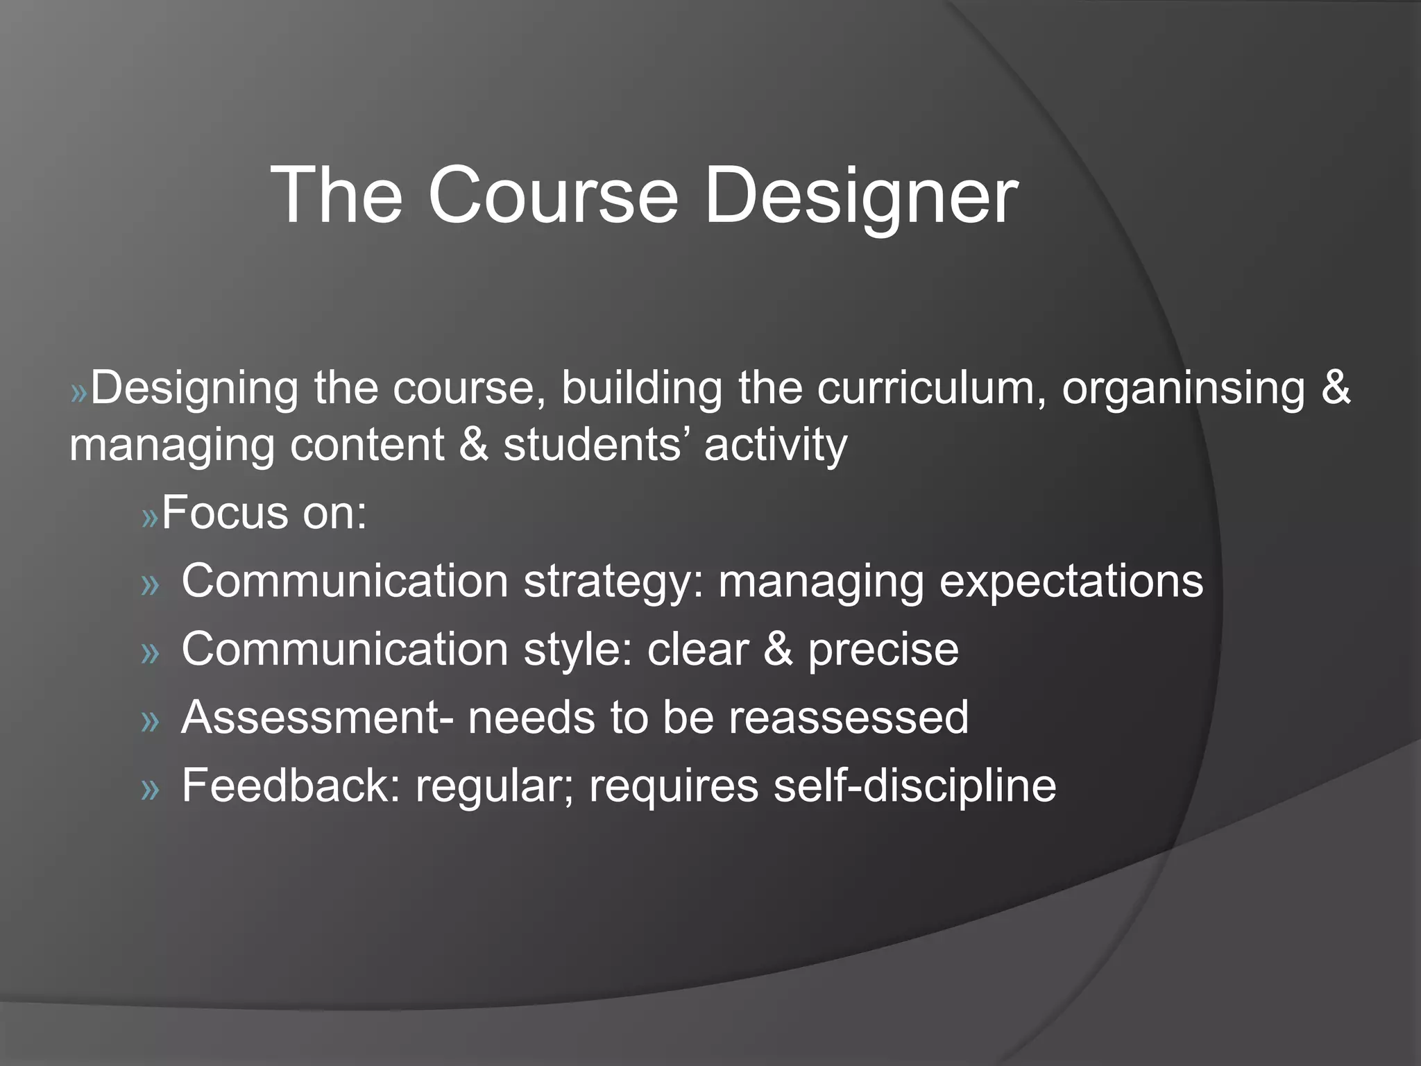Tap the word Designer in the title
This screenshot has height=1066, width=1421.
861,198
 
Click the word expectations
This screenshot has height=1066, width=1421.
1071,582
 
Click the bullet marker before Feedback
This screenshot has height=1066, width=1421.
150,789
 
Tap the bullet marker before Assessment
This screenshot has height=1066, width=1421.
150,721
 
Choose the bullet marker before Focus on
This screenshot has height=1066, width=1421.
150,518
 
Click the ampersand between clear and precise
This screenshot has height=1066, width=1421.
778,650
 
